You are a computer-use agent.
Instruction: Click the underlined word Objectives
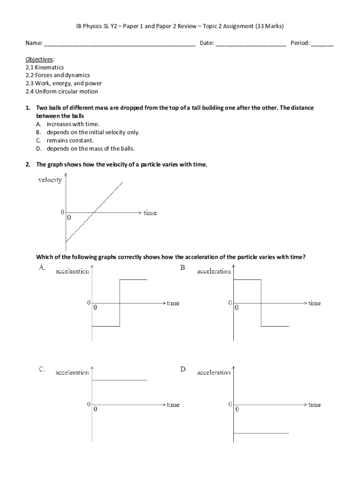tap(40, 59)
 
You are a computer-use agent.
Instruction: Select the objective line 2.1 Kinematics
tap(45, 67)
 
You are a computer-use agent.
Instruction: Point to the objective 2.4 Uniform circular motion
tap(62, 92)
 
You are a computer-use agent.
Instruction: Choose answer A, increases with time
tap(73, 124)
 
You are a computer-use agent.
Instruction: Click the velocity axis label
tap(50, 181)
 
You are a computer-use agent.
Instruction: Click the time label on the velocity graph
tap(150, 213)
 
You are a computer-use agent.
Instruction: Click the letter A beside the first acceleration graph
tap(42, 268)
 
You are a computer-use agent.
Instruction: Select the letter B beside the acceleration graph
tap(183, 268)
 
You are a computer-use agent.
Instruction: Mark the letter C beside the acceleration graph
tap(42, 369)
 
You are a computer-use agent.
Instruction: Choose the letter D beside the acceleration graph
tap(183, 369)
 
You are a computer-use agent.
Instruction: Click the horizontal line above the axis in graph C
tap(120, 380)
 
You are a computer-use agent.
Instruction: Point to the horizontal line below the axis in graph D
tap(261, 433)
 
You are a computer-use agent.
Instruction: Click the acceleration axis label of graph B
tap(214, 271)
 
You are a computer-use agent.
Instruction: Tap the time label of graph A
tap(173, 303)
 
